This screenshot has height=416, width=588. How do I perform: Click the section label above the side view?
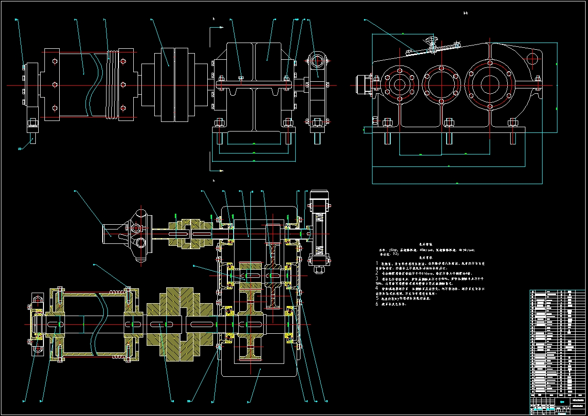point(465,13)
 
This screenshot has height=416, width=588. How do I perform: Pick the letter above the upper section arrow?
point(214,19)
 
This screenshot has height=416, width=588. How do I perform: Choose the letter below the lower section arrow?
point(214,181)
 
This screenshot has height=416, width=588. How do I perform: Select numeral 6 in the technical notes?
point(377,304)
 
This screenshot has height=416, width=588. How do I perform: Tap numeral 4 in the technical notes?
point(377,288)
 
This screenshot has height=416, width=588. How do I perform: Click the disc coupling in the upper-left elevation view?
point(168,85)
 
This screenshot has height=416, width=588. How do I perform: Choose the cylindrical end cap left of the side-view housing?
point(364,85)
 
